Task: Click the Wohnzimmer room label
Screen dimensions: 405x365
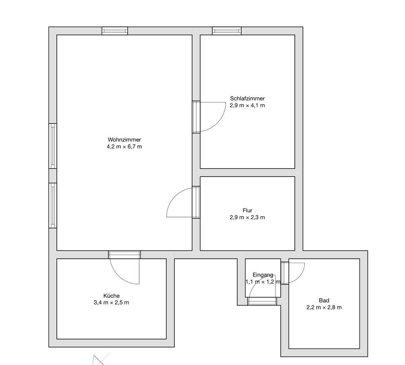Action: (x=124, y=140)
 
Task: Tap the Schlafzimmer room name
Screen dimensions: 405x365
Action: (x=247, y=98)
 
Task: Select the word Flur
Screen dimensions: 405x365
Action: (x=248, y=210)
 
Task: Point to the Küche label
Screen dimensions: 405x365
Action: (x=111, y=295)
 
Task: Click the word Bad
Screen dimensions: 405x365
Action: (x=324, y=300)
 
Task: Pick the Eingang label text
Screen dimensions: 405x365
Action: (x=263, y=275)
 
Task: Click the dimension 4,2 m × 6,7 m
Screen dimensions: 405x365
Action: (x=124, y=147)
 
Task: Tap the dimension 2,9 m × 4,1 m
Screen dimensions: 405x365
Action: (x=247, y=105)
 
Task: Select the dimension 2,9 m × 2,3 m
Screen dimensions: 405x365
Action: (x=247, y=217)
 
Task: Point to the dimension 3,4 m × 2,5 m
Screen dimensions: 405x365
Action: (x=111, y=302)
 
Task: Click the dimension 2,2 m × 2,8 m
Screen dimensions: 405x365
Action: (x=324, y=307)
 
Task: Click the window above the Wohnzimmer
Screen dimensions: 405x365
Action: (x=115, y=31)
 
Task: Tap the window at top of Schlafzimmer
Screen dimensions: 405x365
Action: (x=227, y=31)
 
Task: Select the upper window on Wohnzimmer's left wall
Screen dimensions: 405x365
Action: (x=53, y=146)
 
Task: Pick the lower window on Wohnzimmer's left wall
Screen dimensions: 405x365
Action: (x=53, y=206)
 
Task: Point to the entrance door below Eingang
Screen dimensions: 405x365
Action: (x=262, y=301)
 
